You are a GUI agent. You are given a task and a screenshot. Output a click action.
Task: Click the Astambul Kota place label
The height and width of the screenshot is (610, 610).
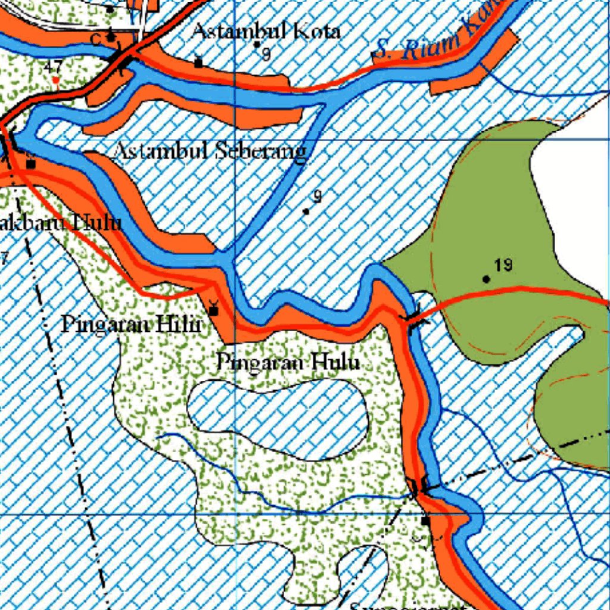[266, 31]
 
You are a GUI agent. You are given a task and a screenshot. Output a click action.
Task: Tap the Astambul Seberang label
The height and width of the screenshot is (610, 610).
[210, 151]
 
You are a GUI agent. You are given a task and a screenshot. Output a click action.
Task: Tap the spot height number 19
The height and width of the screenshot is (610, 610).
[503, 265]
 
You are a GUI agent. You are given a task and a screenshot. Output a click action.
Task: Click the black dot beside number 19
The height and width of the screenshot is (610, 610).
[487, 279]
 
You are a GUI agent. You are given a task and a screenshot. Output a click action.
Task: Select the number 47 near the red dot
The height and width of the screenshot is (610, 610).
[53, 66]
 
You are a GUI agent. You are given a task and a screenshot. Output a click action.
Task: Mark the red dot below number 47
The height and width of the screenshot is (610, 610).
[55, 80]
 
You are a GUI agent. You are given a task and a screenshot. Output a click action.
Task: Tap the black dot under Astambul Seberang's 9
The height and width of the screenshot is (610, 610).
[306, 211]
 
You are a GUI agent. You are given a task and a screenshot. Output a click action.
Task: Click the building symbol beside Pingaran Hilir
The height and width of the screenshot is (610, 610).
[213, 310]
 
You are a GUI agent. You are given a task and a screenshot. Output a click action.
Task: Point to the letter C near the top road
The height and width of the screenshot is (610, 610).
[95, 39]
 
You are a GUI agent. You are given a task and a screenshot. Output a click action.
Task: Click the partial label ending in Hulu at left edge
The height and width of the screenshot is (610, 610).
[60, 223]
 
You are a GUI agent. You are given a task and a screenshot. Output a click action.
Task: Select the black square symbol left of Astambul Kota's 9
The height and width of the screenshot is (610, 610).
[198, 61]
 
